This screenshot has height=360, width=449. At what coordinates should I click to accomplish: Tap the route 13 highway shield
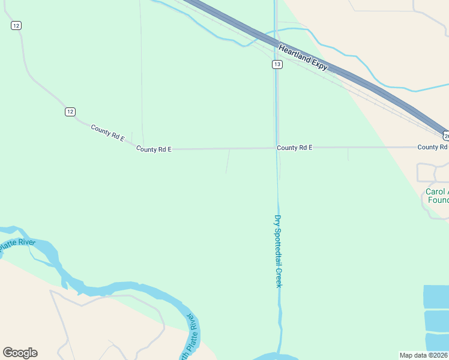pyautogui.click(x=277, y=64)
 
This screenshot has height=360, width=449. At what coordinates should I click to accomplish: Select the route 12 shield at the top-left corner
pyautogui.click(x=16, y=25)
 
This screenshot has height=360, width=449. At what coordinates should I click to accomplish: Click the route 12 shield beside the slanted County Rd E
pyautogui.click(x=70, y=112)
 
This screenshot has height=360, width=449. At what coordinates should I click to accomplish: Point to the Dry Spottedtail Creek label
pyautogui.click(x=278, y=251)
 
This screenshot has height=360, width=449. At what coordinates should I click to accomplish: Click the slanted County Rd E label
pyautogui.click(x=107, y=133)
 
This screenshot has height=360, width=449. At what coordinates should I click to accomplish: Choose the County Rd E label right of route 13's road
pyautogui.click(x=294, y=147)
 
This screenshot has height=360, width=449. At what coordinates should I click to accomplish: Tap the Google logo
pyautogui.click(x=20, y=353)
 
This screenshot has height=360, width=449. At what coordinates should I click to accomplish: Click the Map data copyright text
pyautogui.click(x=424, y=355)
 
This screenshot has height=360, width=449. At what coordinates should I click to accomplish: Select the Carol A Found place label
pyautogui.click(x=437, y=196)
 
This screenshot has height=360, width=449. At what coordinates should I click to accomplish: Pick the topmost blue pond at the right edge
pyautogui.click(x=436, y=297)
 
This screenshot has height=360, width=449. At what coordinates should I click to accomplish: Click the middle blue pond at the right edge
pyautogui.click(x=436, y=321)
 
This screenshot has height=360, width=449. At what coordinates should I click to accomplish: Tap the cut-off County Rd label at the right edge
pyautogui.click(x=432, y=147)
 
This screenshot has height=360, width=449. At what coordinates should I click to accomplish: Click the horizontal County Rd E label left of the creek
pyautogui.click(x=154, y=149)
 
